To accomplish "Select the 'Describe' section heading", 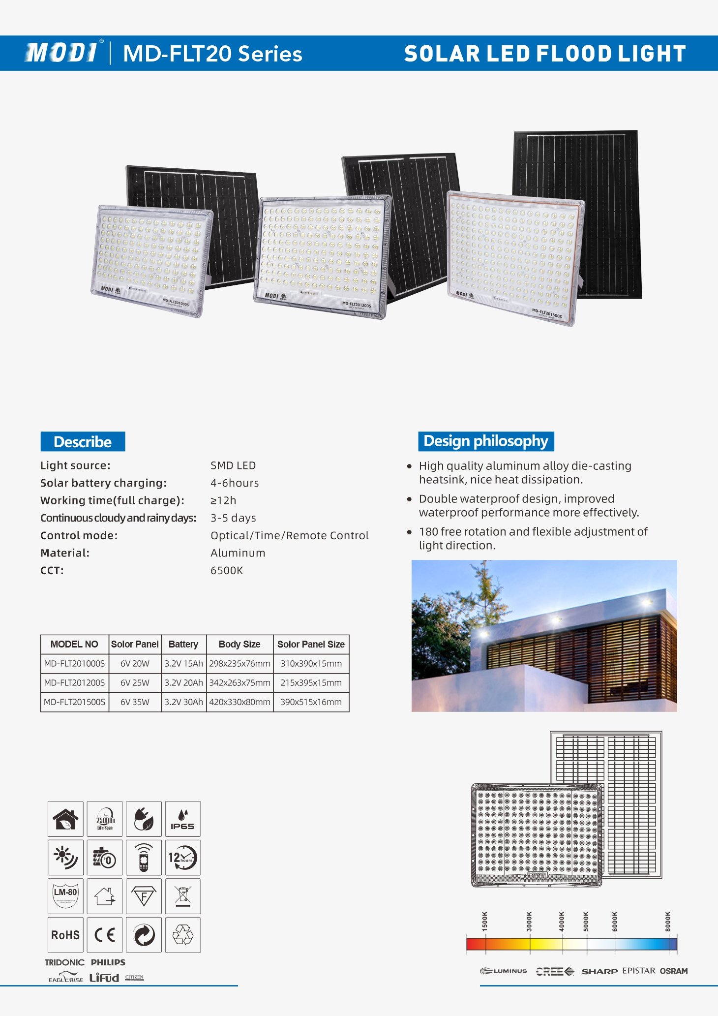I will click(83, 441).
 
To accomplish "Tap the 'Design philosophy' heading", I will click(486, 441).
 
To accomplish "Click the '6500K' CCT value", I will click(227, 570).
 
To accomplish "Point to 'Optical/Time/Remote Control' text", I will click(289, 535).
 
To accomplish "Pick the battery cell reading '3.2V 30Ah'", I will click(183, 702).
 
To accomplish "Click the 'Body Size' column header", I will click(239, 644).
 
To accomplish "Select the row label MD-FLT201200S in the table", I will click(74, 683).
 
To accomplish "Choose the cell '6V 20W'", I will click(135, 663).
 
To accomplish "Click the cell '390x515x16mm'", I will click(311, 702).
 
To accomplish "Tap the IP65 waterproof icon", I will click(183, 819).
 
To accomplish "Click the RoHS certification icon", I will click(65, 935).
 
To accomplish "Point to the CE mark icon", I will click(105, 935).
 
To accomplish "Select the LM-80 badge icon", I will click(65, 896).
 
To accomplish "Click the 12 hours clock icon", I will click(183, 858).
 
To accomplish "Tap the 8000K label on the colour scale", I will click(668, 921).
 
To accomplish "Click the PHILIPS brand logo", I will click(108, 962).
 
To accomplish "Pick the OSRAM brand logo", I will click(674, 971).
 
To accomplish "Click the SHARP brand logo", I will click(599, 971).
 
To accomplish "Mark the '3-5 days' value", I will click(233, 518).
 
